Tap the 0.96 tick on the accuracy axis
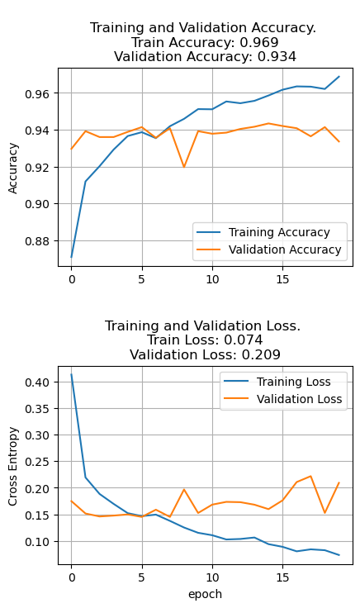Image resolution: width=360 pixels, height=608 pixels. pos(39,93)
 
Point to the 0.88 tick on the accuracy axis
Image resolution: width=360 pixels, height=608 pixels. pos(39,240)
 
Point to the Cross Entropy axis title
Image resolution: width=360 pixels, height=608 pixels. pos(13,466)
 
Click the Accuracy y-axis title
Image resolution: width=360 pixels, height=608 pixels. pos(13,167)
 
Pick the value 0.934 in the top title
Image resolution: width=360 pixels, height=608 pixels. pos(277,57)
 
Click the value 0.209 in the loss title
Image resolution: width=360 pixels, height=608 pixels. pos(261,354)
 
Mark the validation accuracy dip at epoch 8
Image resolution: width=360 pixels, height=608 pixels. pos(184,167)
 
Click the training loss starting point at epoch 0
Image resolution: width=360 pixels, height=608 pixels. pos(72,375)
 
